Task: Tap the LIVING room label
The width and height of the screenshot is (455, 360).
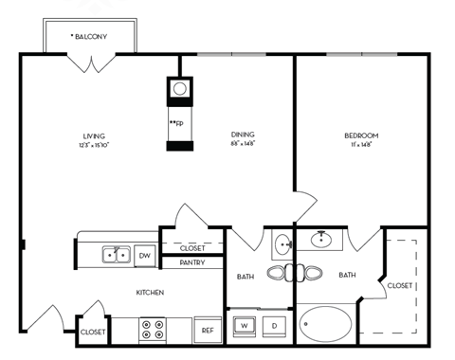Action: click(x=93, y=136)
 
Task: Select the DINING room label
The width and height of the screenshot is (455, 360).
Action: click(x=243, y=136)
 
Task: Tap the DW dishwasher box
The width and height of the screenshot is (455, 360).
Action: click(x=145, y=255)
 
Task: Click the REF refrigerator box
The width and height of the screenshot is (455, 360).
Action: click(x=207, y=330)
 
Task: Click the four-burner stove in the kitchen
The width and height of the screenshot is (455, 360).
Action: click(x=153, y=329)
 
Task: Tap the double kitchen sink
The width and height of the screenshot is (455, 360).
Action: click(x=116, y=255)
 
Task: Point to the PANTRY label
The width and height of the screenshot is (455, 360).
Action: click(x=192, y=262)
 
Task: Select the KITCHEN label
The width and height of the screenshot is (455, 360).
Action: click(x=151, y=293)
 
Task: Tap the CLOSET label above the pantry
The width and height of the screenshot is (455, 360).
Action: click(x=191, y=247)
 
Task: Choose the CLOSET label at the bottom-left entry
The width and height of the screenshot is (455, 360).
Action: click(x=93, y=332)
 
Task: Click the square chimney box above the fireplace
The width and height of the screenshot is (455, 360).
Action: click(x=179, y=90)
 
